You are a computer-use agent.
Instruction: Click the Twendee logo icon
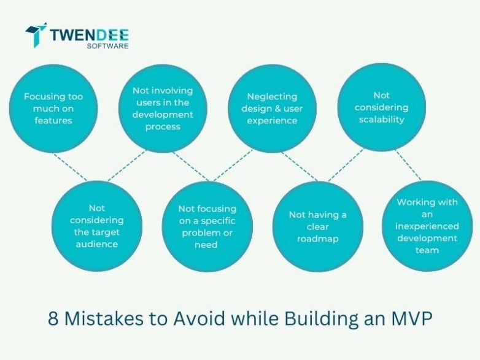pyautogui.click(x=36, y=35)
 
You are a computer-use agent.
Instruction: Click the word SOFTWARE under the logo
pyautogui.click(x=107, y=46)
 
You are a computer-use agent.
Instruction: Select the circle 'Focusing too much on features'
pyautogui.click(x=53, y=109)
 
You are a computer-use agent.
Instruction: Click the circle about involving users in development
pyautogui.click(x=162, y=109)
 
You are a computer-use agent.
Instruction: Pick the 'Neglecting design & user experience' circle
pyautogui.click(x=272, y=109)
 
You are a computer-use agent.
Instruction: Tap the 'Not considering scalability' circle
pyautogui.click(x=381, y=107)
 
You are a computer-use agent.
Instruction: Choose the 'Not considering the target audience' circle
pyautogui.click(x=96, y=226)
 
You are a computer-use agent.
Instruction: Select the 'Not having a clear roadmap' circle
pyautogui.click(x=317, y=226)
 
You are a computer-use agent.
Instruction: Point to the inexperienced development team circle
pyautogui.click(x=427, y=226)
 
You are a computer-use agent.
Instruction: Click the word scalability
pyautogui.click(x=381, y=119)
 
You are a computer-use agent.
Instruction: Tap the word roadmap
pyautogui.click(x=317, y=239)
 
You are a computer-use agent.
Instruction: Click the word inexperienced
pyautogui.click(x=427, y=226)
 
